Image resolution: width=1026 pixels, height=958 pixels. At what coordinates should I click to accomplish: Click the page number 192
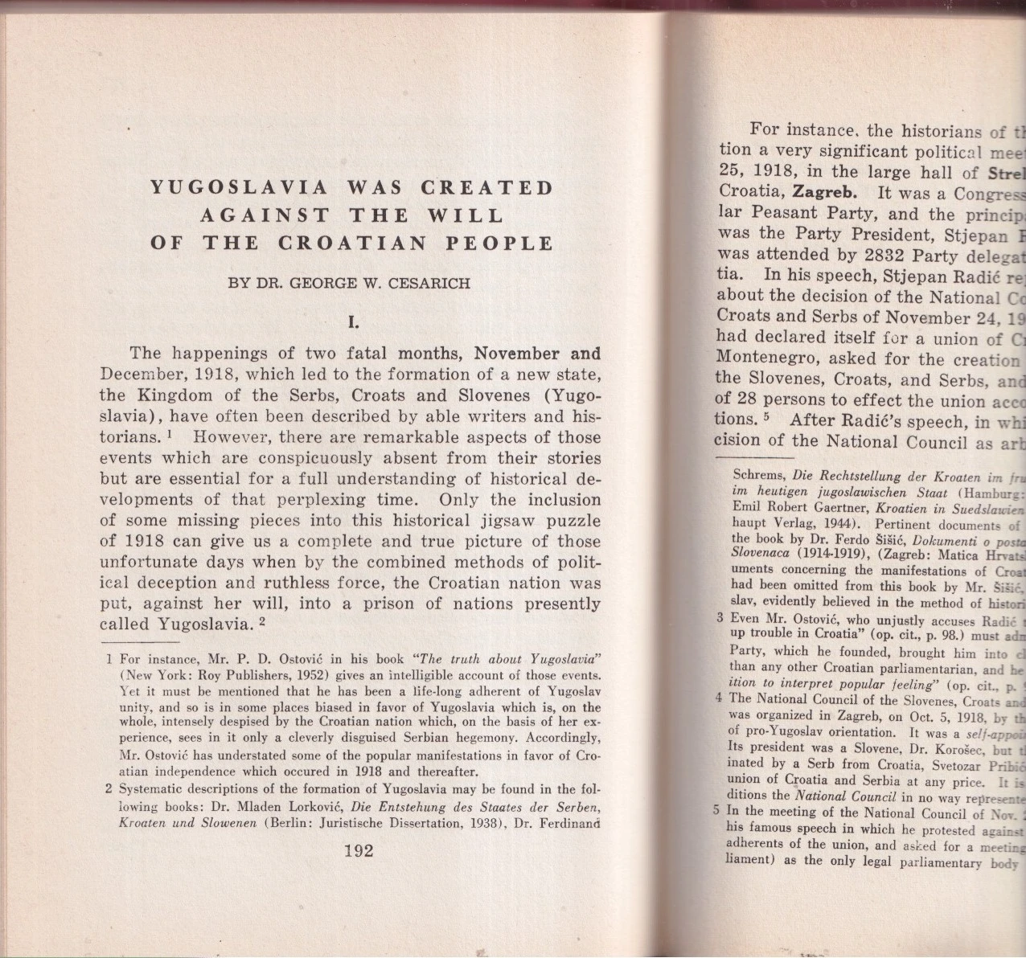click(358, 850)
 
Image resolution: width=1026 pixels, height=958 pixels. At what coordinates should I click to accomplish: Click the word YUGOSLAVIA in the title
click(240, 188)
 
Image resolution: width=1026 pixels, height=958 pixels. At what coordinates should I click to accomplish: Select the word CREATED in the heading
click(487, 188)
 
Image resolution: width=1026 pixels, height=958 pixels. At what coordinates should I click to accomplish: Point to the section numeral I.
click(352, 323)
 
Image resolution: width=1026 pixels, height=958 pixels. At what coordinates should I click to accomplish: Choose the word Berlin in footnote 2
click(293, 823)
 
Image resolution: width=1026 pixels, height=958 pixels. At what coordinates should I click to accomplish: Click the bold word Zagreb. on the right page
click(824, 193)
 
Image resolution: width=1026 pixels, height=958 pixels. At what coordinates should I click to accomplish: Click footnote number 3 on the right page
click(721, 620)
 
